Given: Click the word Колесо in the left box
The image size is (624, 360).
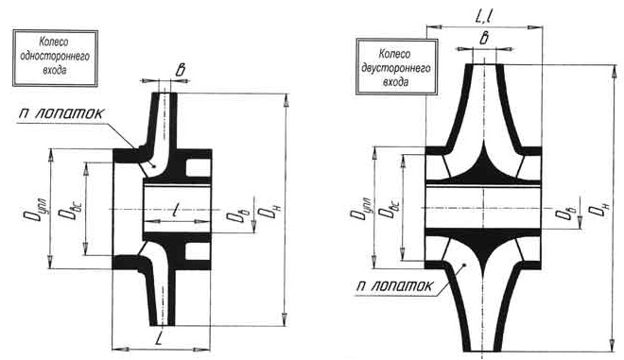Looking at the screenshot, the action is (x=54, y=43).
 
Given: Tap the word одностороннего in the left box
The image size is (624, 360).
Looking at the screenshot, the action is (x=55, y=56).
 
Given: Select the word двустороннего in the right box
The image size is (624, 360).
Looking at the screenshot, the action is (x=396, y=68).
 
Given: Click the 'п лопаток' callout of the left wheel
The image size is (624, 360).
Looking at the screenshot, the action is (x=61, y=113).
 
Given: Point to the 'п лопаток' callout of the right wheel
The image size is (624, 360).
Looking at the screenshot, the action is (x=394, y=286).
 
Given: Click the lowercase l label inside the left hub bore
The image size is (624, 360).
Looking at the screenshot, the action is (x=175, y=209).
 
